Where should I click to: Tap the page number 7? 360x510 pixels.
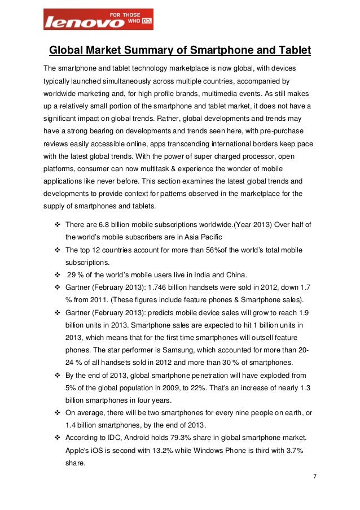point(314,476)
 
